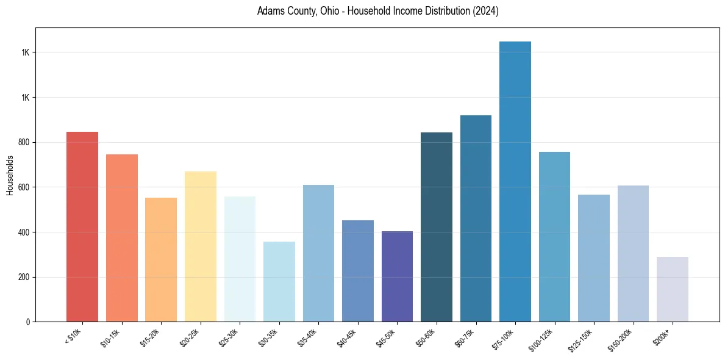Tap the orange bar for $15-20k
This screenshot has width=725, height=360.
coord(161,260)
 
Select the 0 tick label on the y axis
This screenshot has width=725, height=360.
coord(27,322)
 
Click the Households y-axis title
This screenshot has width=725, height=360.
coord(10,175)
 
